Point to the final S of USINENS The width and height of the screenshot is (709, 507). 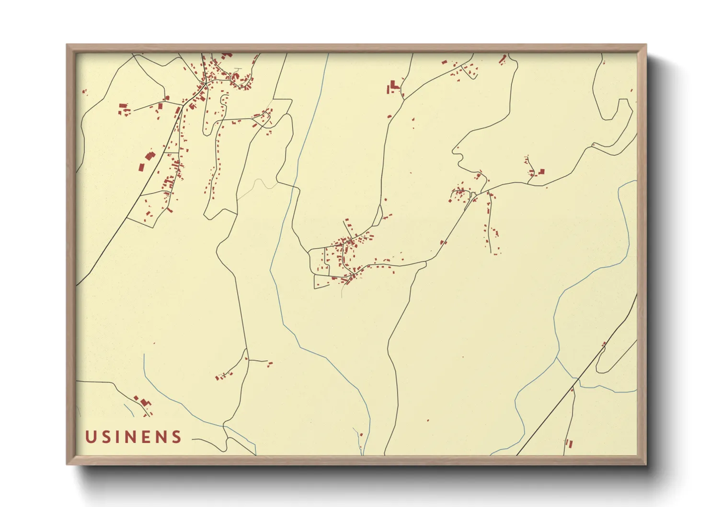tap(177, 437)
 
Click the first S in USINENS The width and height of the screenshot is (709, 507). tap(105, 437)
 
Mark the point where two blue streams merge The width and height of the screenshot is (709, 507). tap(557, 357)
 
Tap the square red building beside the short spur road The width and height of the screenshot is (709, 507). tap(542, 171)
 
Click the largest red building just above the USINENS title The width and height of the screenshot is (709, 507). tap(143, 401)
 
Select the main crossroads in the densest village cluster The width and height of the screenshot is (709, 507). tap(205, 84)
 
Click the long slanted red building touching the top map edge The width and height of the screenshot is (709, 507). tap(503, 59)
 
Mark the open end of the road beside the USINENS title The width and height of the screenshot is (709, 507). tap(193, 438)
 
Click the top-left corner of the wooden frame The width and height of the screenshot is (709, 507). tap(67, 45)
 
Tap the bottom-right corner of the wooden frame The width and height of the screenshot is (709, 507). tap(646, 464)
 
